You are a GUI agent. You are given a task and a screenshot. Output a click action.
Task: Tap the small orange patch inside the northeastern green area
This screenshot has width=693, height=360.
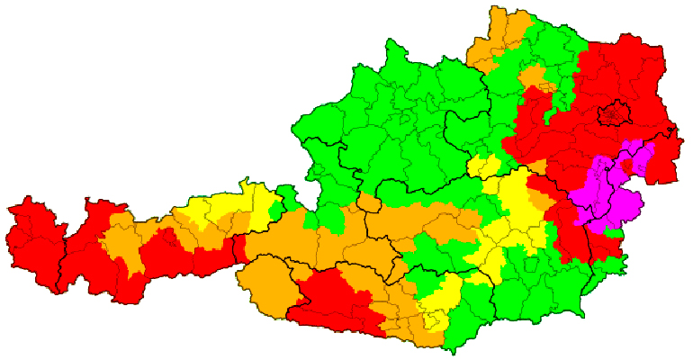pyautogui.click(x=535, y=76)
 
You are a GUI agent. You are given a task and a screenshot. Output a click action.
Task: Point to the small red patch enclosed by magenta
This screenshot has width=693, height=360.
pyautogui.click(x=626, y=163)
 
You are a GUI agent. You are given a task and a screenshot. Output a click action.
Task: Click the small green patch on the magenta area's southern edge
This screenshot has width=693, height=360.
pyautogui.click(x=614, y=232)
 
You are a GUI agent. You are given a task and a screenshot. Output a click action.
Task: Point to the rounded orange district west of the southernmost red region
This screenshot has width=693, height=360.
pyautogui.click(x=266, y=283)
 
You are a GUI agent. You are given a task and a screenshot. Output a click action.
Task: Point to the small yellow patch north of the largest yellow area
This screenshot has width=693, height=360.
pyautogui.click(x=483, y=167)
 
